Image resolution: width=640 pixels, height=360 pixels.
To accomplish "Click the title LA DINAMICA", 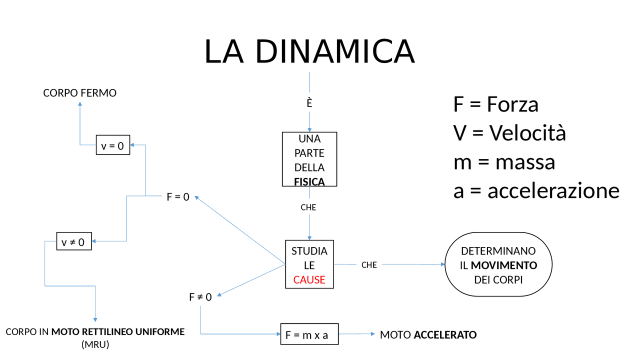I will (x=309, y=51).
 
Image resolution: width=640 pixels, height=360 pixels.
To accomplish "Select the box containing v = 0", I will (x=113, y=145).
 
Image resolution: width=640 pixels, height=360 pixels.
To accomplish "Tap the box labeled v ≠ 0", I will (x=73, y=242).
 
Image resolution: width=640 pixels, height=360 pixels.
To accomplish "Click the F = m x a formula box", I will (x=308, y=335).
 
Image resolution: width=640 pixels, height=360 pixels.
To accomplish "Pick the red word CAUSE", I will (x=309, y=280).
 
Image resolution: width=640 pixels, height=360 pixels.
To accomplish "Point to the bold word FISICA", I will (x=309, y=181).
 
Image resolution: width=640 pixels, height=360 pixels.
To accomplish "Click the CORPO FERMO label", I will (x=79, y=93).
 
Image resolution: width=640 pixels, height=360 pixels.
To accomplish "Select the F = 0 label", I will (x=178, y=197).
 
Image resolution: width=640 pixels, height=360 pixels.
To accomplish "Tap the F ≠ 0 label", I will (x=200, y=297).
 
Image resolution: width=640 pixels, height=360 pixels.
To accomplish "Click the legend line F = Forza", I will (x=495, y=104).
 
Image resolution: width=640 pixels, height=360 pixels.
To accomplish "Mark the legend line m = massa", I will (x=504, y=162).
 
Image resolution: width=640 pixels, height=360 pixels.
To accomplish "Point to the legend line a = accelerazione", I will (x=536, y=190).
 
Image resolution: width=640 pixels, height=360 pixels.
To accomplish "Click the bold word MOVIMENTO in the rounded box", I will (x=504, y=265).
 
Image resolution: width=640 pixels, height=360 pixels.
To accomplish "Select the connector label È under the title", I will (x=309, y=103).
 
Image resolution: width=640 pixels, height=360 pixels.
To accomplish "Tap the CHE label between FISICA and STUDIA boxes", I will (x=308, y=207).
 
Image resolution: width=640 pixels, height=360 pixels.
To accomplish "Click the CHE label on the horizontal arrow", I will (x=369, y=265).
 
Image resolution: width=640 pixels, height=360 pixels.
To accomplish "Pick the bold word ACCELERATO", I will (x=445, y=335).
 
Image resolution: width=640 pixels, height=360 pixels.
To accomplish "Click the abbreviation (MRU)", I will (x=95, y=344).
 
